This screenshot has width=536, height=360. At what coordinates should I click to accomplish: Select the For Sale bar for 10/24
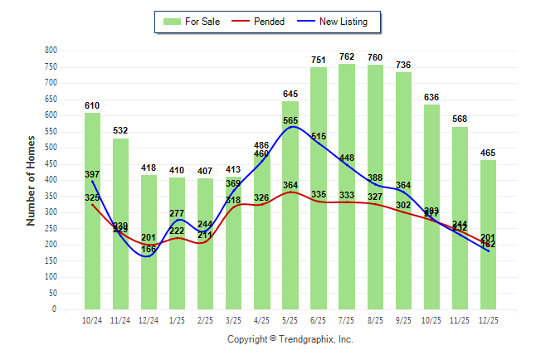point(92,211)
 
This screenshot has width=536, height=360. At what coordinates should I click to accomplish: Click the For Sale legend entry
point(190,22)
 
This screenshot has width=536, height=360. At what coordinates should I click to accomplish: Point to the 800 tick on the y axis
point(51,51)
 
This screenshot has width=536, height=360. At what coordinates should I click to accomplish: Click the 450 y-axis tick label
point(51,164)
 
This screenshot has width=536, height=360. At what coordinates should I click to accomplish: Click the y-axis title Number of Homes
point(32,180)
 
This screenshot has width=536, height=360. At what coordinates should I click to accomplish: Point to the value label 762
point(347,57)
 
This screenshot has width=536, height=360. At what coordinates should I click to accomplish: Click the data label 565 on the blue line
point(290,121)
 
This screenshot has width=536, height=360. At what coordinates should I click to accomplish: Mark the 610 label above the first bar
point(92,106)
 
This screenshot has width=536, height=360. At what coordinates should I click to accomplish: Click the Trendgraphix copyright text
point(290,339)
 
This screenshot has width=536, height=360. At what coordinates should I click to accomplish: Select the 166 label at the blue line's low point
point(149,249)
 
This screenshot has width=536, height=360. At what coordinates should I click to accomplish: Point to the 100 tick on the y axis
point(51,277)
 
